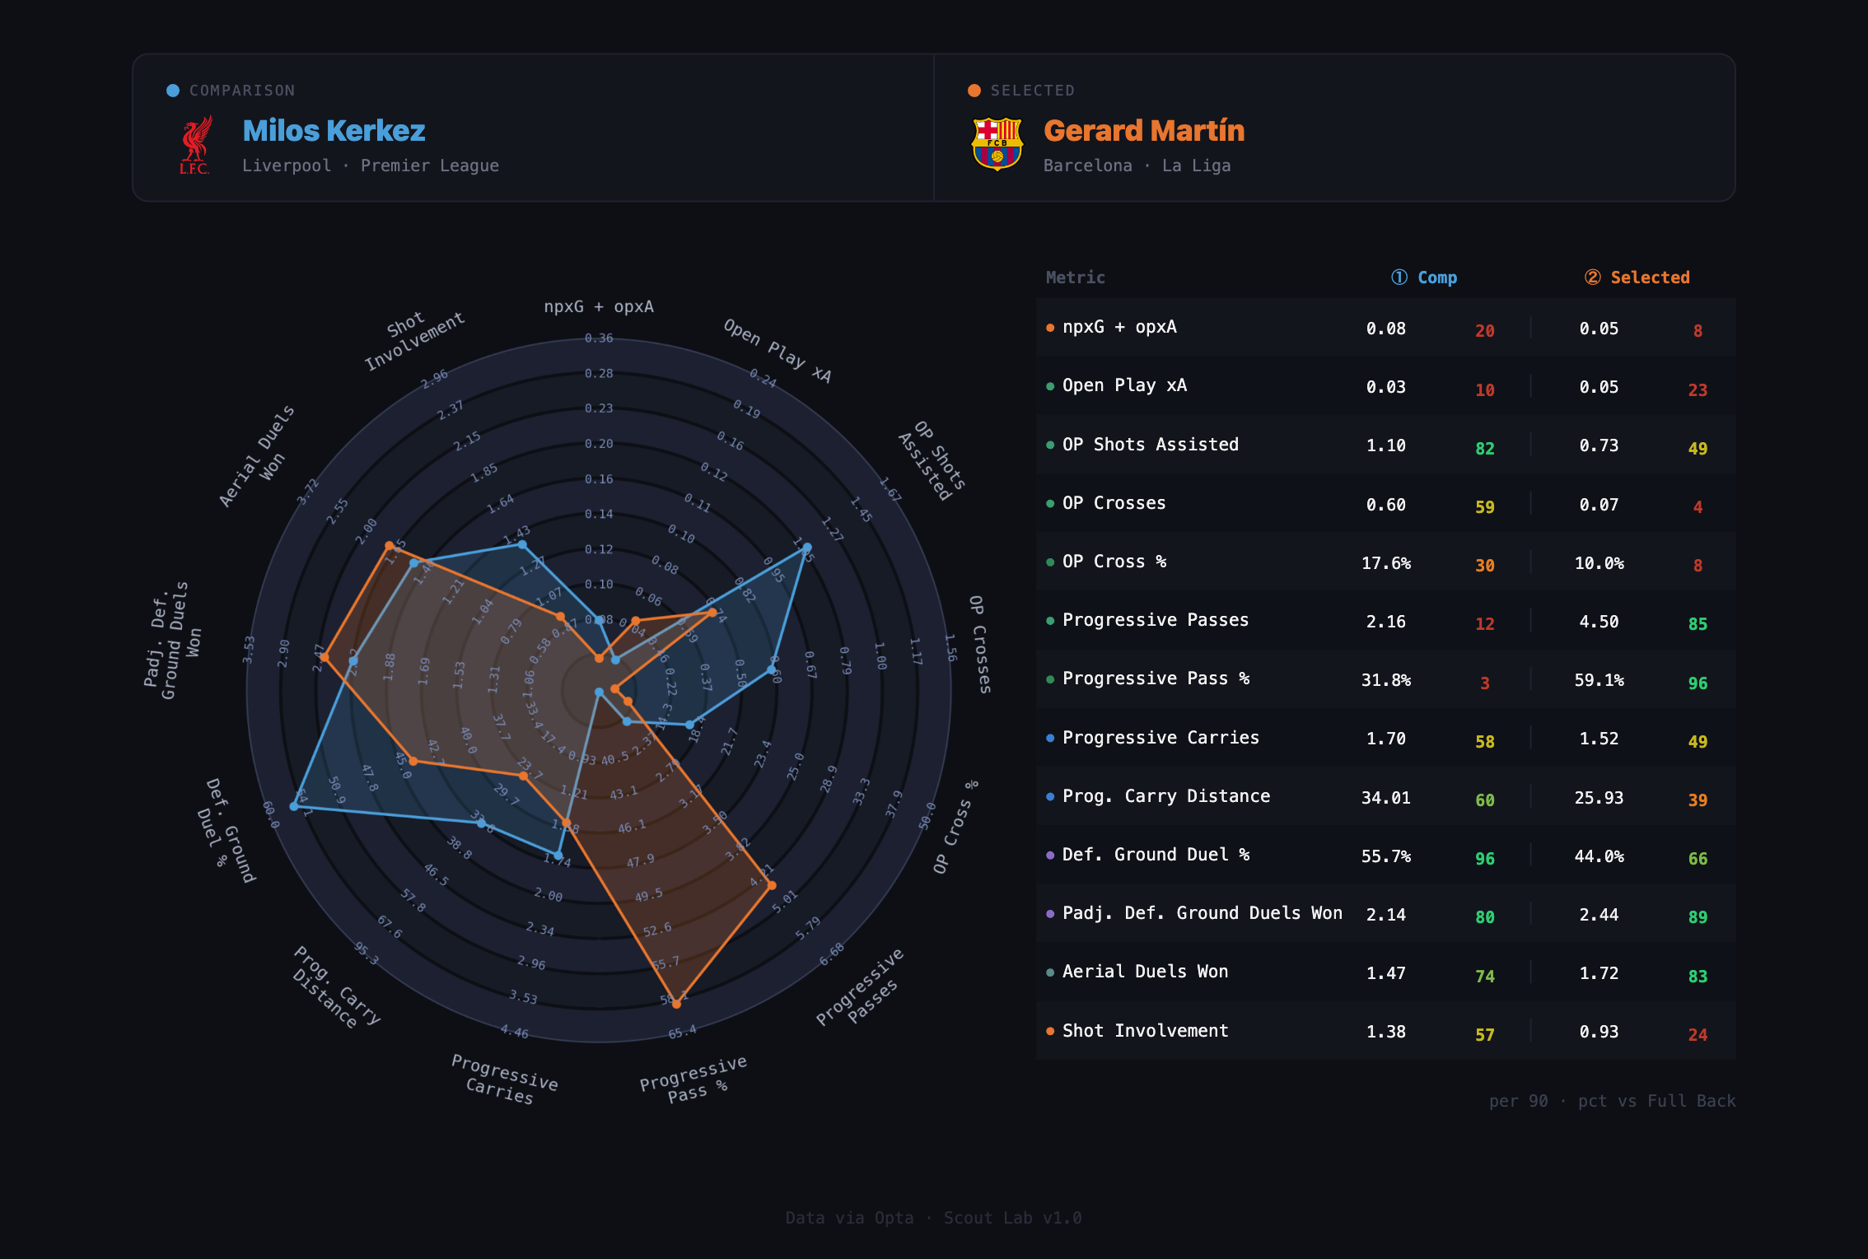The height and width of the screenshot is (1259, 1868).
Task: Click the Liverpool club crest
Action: (x=195, y=145)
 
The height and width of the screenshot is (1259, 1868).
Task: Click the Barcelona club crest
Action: (x=997, y=144)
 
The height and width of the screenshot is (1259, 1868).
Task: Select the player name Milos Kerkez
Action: (x=334, y=131)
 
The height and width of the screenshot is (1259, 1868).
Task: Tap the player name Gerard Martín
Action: (x=1143, y=131)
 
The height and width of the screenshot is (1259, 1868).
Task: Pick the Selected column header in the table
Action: (x=1649, y=277)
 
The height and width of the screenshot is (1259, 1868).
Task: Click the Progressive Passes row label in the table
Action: (x=1155, y=620)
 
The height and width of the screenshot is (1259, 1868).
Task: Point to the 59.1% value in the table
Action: (x=1599, y=680)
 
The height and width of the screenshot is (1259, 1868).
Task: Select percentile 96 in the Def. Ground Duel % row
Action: (x=1484, y=859)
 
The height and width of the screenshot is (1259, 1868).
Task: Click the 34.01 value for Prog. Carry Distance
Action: (x=1385, y=798)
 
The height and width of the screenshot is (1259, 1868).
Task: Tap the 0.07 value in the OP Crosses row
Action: (x=1599, y=505)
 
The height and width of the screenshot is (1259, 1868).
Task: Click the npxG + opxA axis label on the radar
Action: (x=599, y=306)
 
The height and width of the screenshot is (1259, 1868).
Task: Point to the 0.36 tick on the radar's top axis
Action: (x=599, y=338)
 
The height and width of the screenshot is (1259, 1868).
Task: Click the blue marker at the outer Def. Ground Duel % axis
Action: (x=294, y=805)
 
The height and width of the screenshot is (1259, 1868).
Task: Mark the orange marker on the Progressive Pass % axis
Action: (x=676, y=1004)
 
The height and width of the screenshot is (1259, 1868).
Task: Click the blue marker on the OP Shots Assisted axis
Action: (x=807, y=547)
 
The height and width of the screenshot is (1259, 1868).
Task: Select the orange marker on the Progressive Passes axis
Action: (x=772, y=885)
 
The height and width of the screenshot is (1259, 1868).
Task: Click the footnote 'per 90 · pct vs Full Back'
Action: (x=1611, y=1101)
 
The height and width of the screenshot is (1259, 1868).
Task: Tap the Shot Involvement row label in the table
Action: (x=1145, y=1031)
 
